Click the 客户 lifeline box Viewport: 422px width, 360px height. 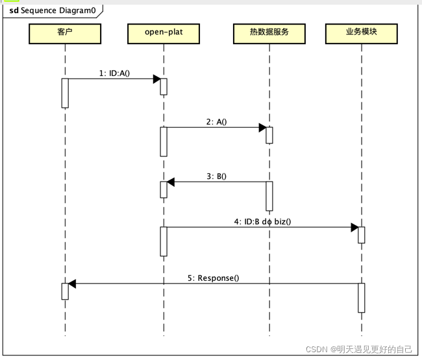click(x=65, y=34)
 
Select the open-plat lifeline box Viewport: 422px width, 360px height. click(x=164, y=34)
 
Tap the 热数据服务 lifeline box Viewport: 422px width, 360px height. click(x=269, y=34)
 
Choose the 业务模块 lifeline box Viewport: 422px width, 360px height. click(x=361, y=34)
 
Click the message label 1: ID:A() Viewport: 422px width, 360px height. click(x=114, y=73)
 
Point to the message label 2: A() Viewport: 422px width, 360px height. click(x=216, y=121)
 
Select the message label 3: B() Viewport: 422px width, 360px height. click(x=216, y=176)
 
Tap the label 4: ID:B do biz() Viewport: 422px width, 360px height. click(x=262, y=221)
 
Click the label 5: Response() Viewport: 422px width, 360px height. click(x=213, y=278)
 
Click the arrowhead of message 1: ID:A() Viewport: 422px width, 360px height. click(x=156, y=79)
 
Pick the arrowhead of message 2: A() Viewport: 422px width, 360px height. click(x=262, y=127)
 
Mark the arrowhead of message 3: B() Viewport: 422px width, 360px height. click(x=171, y=182)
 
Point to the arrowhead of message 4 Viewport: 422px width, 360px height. click(x=354, y=227)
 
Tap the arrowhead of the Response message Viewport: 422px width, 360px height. click(x=72, y=283)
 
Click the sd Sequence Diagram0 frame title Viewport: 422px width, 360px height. click(x=52, y=11)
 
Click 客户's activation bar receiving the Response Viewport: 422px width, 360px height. click(x=65, y=291)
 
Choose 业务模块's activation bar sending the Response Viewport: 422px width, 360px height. click(x=361, y=297)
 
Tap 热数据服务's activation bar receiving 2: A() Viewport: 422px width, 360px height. click(x=269, y=135)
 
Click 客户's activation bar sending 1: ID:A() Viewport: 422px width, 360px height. click(x=65, y=93)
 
